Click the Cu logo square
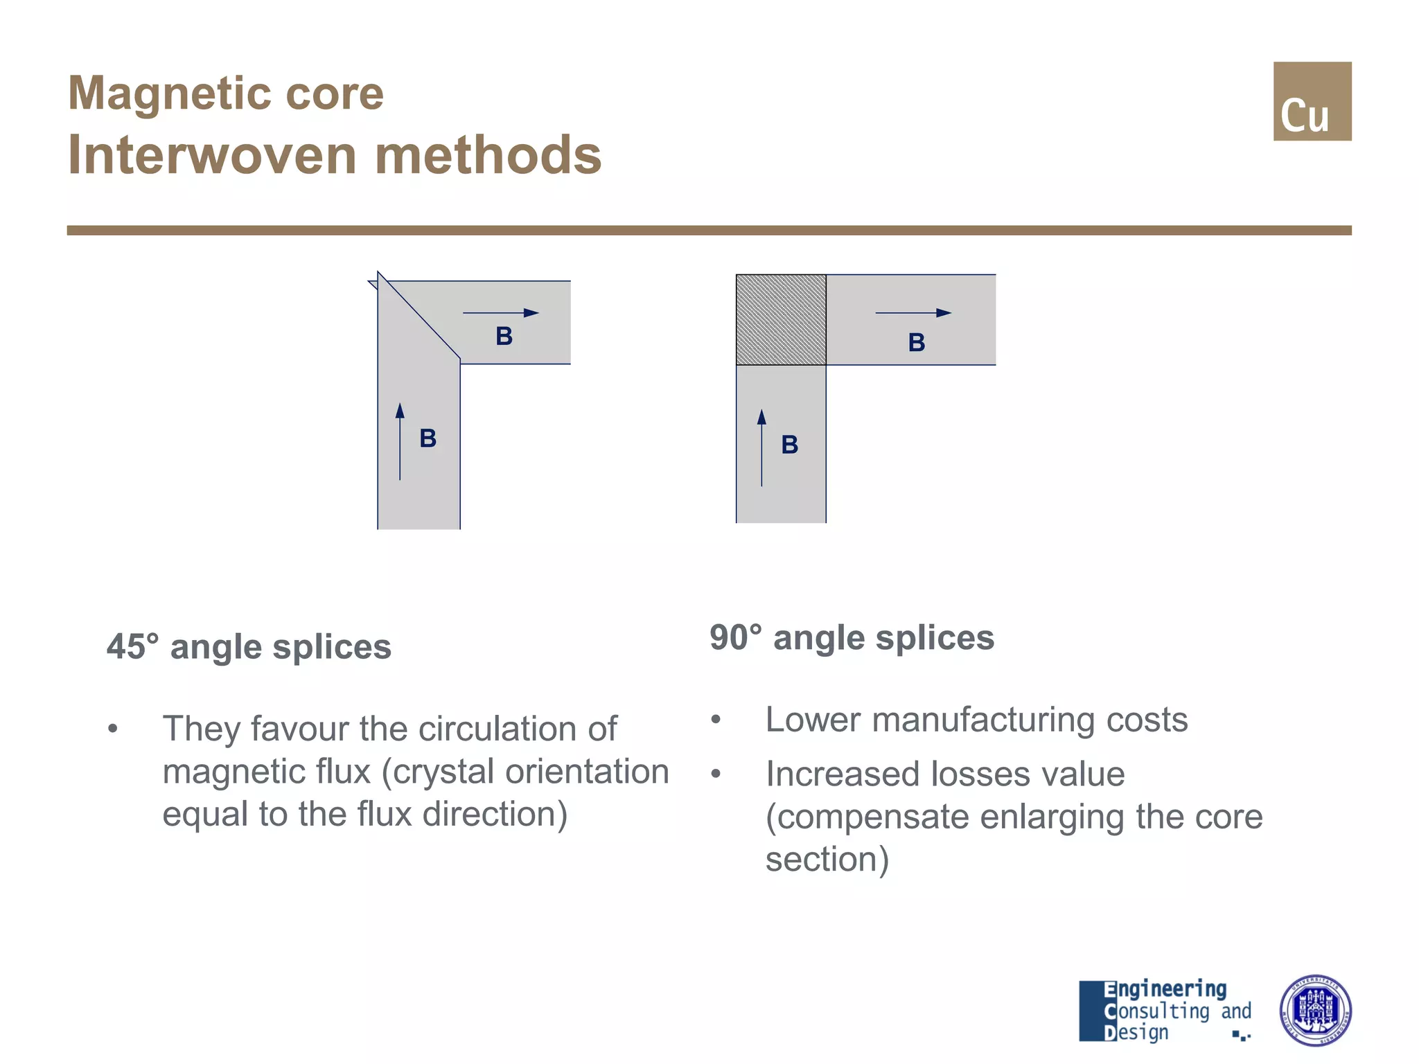(x=1312, y=101)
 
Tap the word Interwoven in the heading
(x=213, y=155)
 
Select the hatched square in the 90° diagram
(x=781, y=320)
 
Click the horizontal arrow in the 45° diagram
(x=500, y=313)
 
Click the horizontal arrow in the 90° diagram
(x=913, y=313)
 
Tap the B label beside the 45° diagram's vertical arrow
(x=428, y=438)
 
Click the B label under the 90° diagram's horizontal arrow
(x=916, y=342)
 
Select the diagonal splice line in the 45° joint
(x=418, y=316)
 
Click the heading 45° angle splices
(x=249, y=647)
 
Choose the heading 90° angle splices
(x=852, y=637)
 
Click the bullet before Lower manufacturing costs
(x=716, y=720)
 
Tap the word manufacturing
(x=984, y=720)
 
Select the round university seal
(x=1314, y=1010)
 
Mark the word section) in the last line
(x=827, y=860)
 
